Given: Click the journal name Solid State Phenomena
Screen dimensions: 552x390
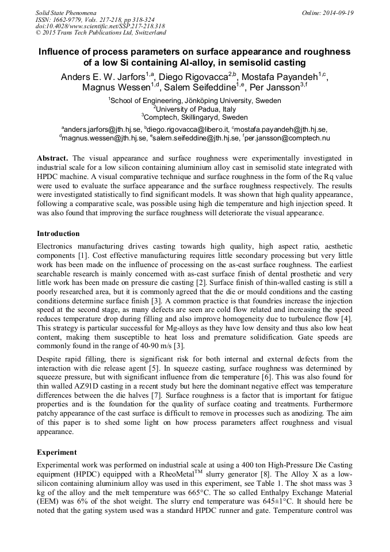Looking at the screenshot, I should tap(66, 12).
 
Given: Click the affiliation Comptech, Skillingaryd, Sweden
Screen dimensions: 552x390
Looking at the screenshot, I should tap(195, 117).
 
